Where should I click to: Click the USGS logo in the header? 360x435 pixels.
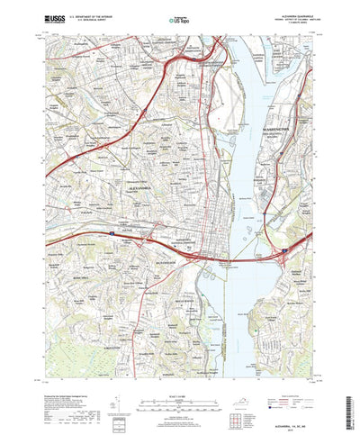click(48, 17)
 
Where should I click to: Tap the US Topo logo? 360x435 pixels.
click(180, 17)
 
